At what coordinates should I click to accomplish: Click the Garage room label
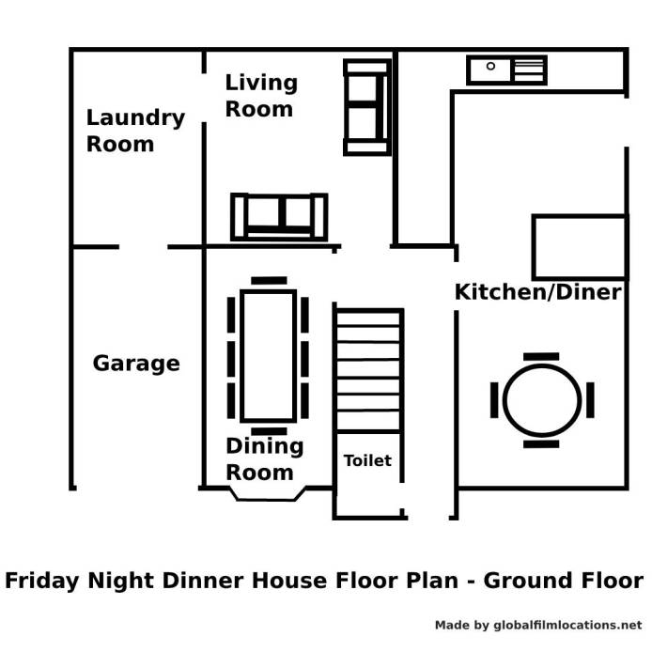coord(136,364)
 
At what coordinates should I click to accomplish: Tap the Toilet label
coord(367,460)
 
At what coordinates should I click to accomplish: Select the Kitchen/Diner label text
coord(538,292)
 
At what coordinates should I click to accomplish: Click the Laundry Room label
coord(135,131)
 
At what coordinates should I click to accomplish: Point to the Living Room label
coord(261,96)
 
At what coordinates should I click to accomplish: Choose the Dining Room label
coord(264,459)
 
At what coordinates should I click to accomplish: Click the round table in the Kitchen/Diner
coord(542,400)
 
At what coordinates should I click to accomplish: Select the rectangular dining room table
coord(268,355)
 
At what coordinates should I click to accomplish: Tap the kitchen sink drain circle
coord(490,66)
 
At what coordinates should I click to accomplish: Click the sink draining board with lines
coord(529,70)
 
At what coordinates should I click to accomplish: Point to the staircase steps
coord(368,370)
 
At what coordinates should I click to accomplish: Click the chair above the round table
coord(541,356)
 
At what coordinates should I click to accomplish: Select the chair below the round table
coord(541,444)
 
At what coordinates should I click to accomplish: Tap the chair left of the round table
coord(494,400)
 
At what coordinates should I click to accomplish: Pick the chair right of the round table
coord(590,400)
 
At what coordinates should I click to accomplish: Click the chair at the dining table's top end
coord(269,281)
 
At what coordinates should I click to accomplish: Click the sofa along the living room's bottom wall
coord(279,217)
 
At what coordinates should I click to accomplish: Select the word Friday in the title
coord(41,581)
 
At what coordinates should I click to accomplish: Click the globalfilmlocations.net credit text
coord(568,625)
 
